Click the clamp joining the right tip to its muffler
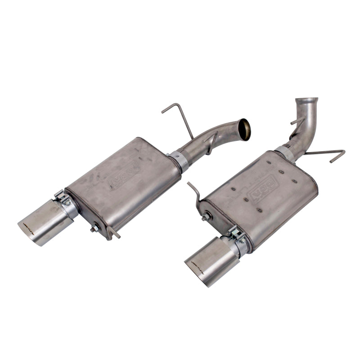click(238, 238)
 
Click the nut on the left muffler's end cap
click(94, 229)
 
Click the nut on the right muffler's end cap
click(205, 217)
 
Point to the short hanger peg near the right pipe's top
click(297, 121)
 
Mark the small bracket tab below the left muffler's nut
click(112, 233)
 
